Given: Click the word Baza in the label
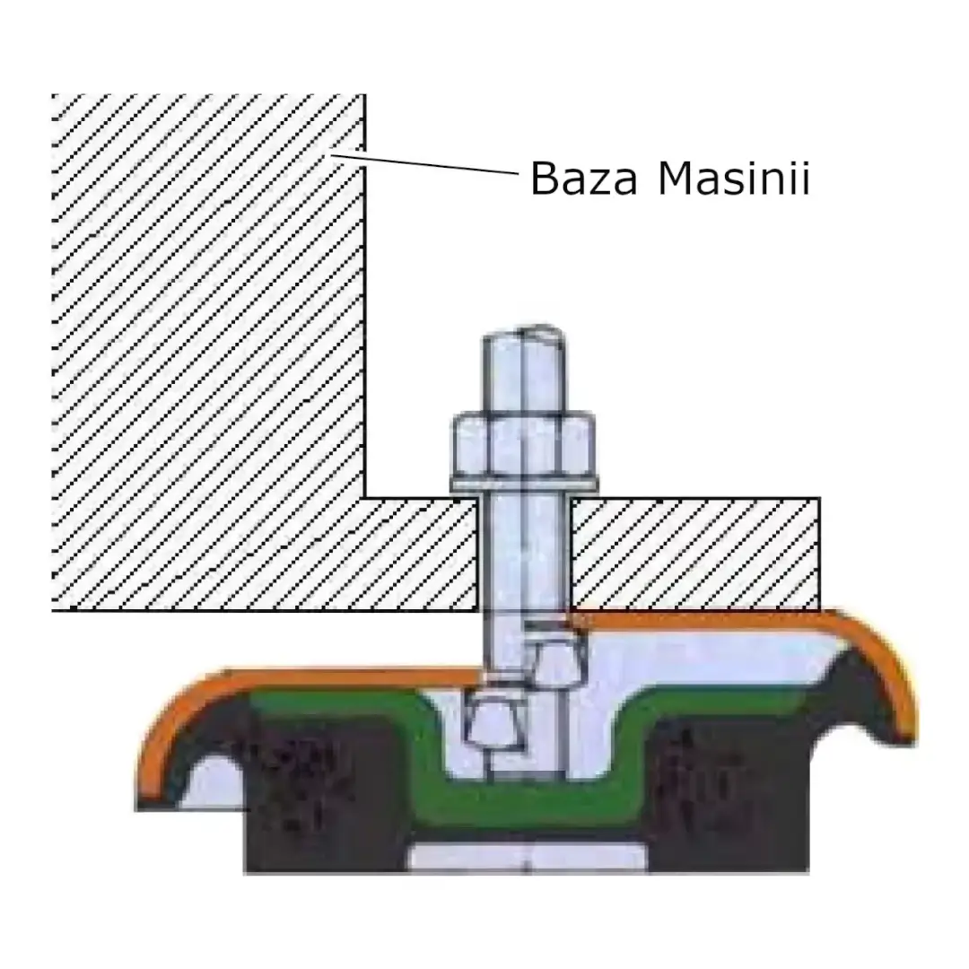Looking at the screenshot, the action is (583, 179).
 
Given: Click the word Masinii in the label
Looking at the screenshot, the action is (734, 178).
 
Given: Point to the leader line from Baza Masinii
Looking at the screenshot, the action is (424, 163).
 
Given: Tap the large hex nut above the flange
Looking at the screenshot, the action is (524, 444).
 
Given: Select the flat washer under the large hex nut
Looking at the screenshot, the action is (524, 484).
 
